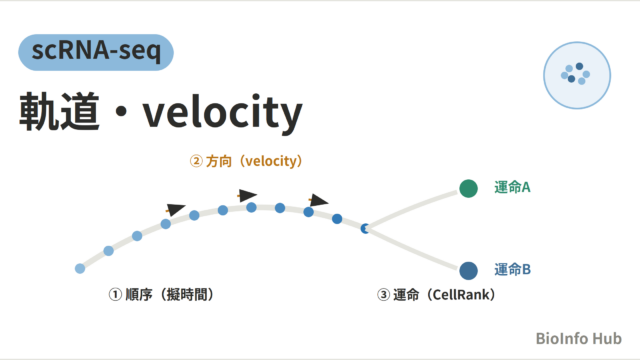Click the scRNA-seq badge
96,52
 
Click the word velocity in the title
222,113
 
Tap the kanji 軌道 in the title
60,111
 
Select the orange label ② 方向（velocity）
246,161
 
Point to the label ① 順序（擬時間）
161,294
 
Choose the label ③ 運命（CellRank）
436,294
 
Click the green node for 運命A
468,188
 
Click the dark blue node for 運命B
468,271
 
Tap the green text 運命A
512,187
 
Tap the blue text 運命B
512,269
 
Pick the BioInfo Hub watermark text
578,338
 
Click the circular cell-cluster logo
577,75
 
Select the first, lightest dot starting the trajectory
80,268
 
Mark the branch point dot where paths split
365,229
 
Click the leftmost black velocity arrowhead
176,209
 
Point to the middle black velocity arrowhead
247,195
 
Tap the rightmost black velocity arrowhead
318,200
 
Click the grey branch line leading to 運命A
413,208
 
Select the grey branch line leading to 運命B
413,248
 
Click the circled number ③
383,295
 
